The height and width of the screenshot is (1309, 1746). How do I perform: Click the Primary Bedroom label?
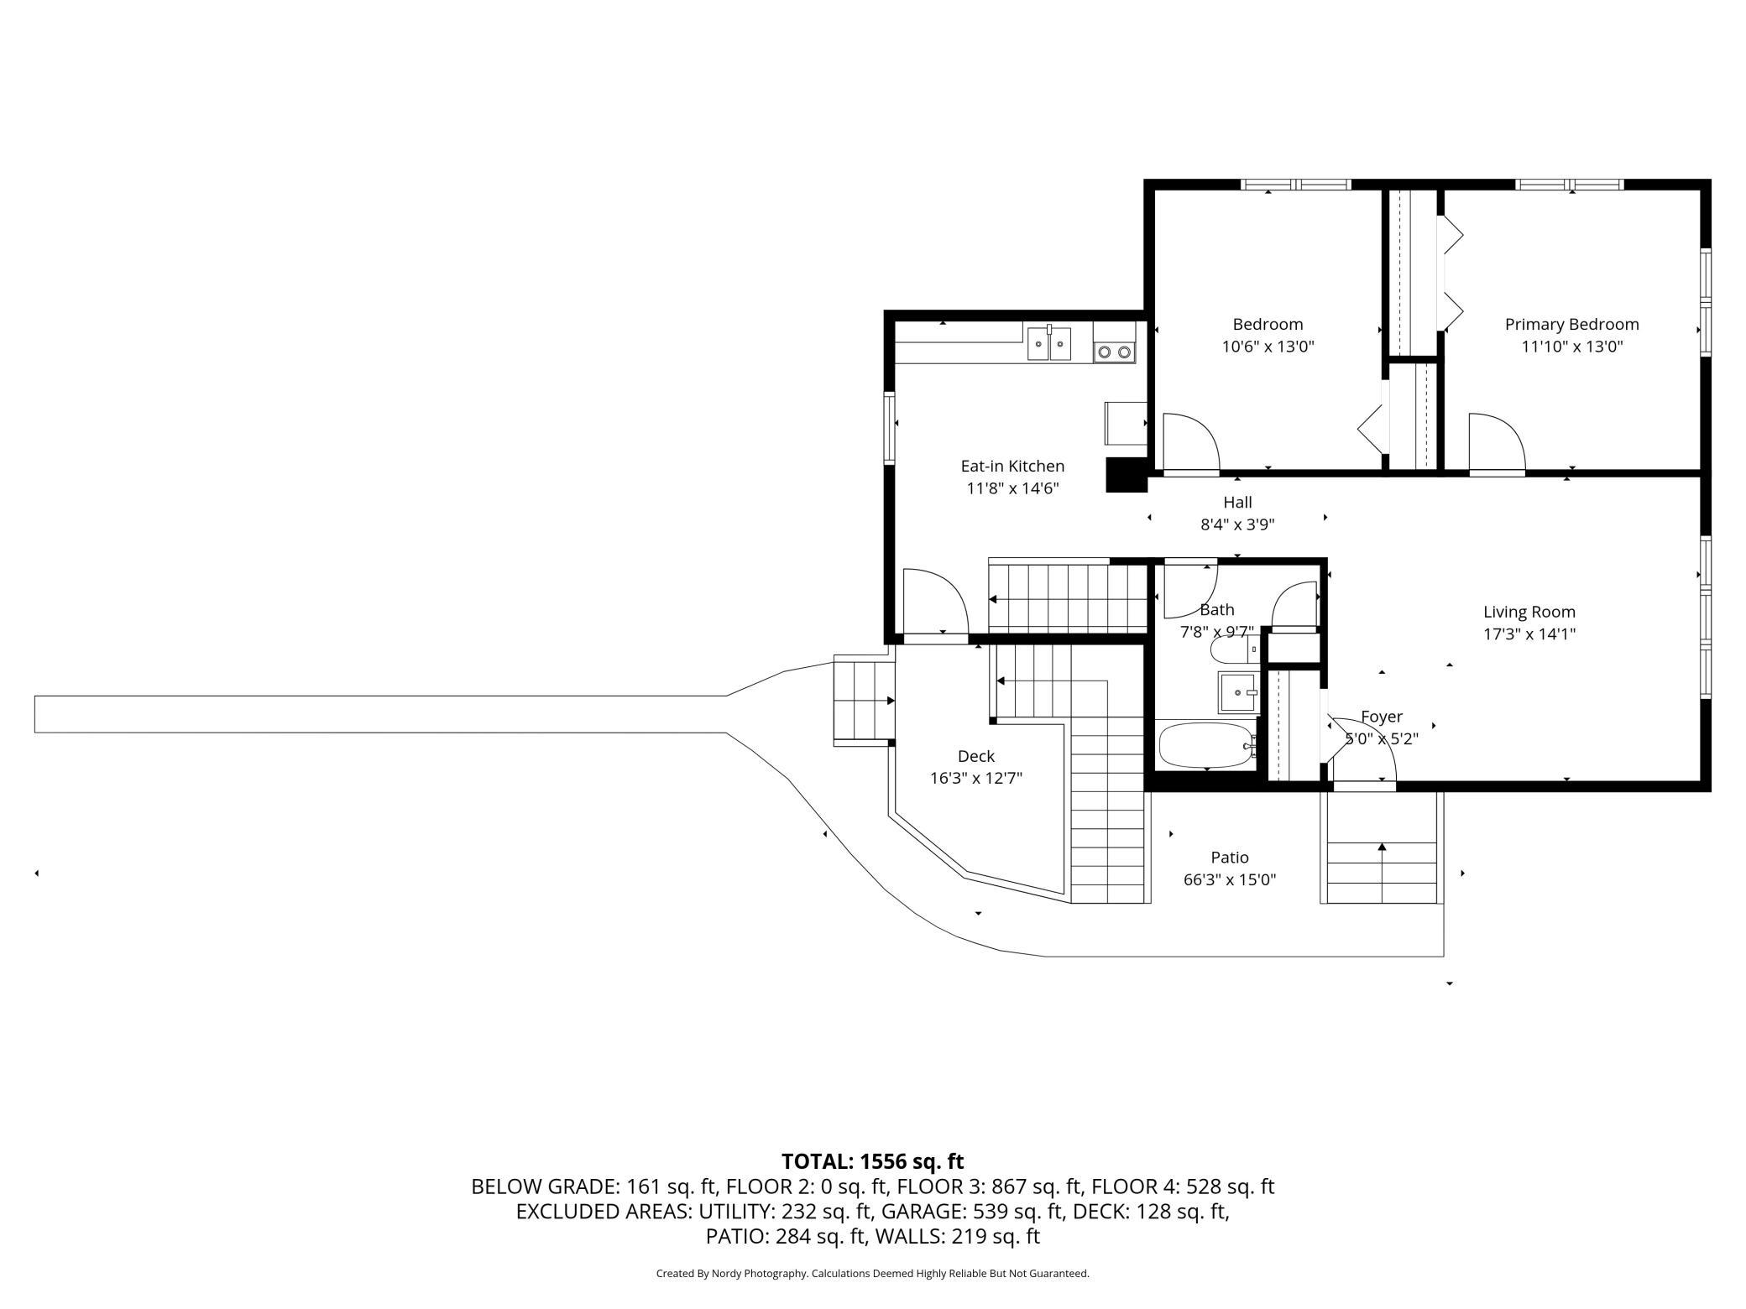(1571, 325)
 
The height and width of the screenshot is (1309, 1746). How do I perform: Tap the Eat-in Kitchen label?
(1012, 466)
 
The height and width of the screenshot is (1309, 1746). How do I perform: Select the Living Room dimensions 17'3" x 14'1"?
(1529, 634)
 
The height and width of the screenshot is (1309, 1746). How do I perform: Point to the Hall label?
(1237, 503)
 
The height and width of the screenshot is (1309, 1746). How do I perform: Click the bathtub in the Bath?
(1206, 745)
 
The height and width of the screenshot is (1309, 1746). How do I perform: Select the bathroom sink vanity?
(1237, 692)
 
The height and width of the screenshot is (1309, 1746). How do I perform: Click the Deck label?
(975, 756)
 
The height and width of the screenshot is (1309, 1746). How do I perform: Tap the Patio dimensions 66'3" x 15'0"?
(1230, 880)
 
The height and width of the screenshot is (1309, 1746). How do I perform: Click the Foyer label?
(1381, 717)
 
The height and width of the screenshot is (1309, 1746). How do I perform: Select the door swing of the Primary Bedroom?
(1497, 443)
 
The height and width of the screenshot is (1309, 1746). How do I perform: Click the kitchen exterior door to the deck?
(935, 604)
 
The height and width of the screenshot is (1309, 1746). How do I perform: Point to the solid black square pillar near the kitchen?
(1127, 475)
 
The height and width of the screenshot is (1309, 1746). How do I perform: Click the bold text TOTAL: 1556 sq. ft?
(873, 1161)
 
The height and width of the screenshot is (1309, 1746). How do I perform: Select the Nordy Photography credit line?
(873, 1274)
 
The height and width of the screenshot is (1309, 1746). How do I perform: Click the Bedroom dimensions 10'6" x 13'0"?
(1268, 346)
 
